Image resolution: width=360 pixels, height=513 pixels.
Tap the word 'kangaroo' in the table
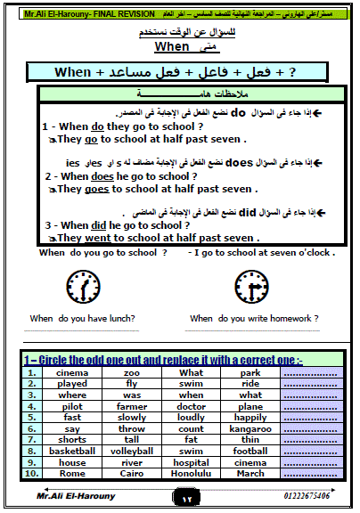click(x=250, y=428)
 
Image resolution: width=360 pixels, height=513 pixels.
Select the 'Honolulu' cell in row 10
click(x=191, y=473)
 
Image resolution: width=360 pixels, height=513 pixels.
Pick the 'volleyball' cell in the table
click(x=132, y=451)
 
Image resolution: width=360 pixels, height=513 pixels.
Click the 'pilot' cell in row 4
click(x=72, y=406)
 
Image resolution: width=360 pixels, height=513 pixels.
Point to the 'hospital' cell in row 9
click(x=191, y=462)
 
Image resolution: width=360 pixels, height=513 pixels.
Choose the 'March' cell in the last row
click(x=250, y=473)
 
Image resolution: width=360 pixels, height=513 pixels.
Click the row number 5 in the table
click(x=30, y=418)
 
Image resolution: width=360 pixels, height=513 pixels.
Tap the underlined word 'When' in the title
click(x=173, y=45)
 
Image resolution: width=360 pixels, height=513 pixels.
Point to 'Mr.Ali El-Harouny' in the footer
click(x=63, y=498)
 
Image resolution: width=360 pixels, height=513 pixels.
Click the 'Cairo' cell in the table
click(x=132, y=473)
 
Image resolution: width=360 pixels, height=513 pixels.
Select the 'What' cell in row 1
click(x=191, y=373)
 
